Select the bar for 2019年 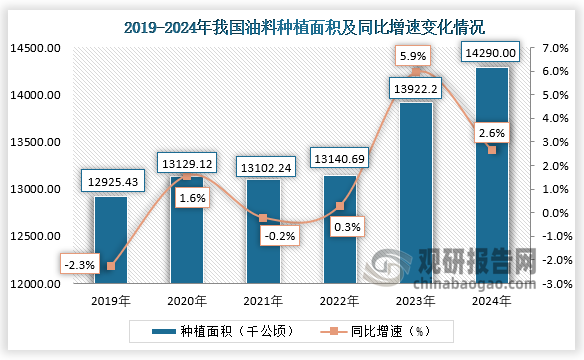(x=111, y=240)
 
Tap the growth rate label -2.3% (x=77, y=266)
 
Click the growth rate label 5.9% (x=415, y=56)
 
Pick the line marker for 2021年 (x=263, y=218)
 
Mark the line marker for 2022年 (x=339, y=206)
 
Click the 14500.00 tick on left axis (x=36, y=48)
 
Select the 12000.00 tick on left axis (x=36, y=284)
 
